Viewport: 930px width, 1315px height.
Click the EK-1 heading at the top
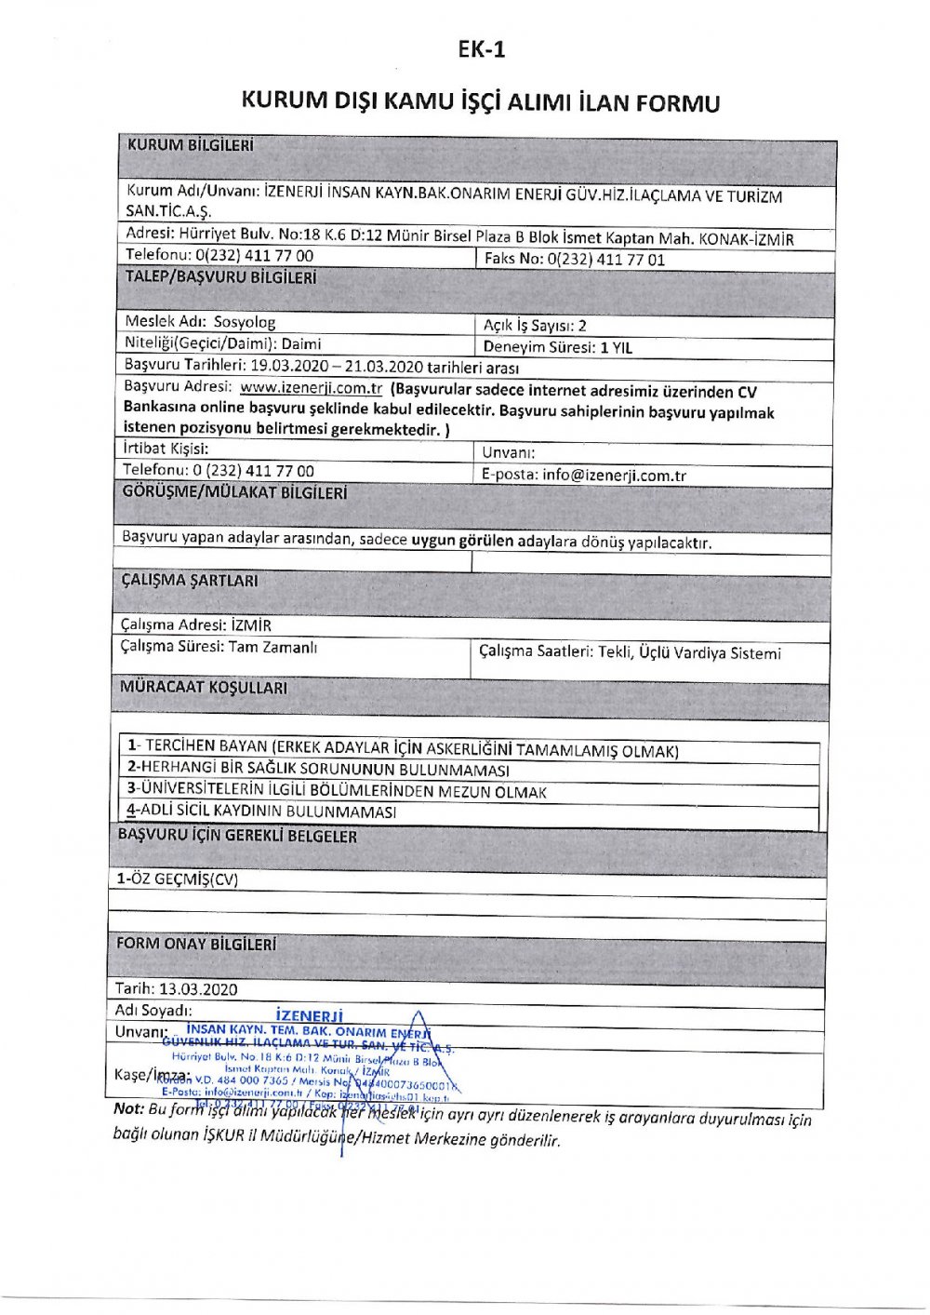[x=482, y=50]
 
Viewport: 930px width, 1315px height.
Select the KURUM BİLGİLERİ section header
[x=190, y=146]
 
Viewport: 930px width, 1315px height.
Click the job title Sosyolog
[x=245, y=322]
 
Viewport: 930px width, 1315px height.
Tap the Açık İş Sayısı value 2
[x=582, y=326]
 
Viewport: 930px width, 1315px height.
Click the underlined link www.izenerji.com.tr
[x=311, y=389]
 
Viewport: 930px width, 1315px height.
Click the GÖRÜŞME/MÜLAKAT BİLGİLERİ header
[x=234, y=492]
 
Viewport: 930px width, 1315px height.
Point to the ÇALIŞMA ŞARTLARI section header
[x=190, y=580]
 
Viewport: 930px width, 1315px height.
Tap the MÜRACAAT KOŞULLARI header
[x=204, y=688]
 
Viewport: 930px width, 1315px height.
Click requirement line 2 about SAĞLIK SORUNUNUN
[x=319, y=771]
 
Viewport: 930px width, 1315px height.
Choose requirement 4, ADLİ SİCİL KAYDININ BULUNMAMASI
[x=262, y=812]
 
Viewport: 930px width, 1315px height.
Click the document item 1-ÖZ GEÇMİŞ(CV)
[x=177, y=879]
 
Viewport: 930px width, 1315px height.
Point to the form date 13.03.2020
[x=198, y=989]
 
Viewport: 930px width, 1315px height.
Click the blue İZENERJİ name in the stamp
[x=310, y=1016]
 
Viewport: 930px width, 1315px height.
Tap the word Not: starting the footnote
[x=128, y=1108]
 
